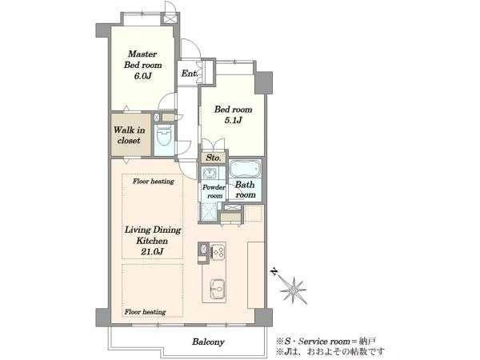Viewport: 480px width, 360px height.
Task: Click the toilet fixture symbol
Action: (x=164, y=137)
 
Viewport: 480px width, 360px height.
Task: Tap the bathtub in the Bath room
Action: (x=246, y=169)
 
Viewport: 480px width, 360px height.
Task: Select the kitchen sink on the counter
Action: (x=217, y=288)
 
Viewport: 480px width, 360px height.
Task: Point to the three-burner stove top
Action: (x=218, y=252)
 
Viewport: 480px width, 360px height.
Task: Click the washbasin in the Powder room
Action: (x=210, y=174)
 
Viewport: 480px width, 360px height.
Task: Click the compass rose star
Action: (x=294, y=290)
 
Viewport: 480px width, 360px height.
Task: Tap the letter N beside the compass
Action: (x=274, y=271)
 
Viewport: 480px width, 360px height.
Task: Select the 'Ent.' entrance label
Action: (x=190, y=74)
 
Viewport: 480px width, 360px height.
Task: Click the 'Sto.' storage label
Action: (x=214, y=158)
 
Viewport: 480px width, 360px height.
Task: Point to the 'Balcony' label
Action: (x=208, y=342)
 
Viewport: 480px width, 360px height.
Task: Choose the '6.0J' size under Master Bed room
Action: (x=142, y=76)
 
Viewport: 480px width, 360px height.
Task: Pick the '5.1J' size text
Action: (x=234, y=120)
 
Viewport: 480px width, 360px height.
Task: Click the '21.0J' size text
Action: (x=152, y=252)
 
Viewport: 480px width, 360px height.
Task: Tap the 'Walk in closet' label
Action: (x=129, y=135)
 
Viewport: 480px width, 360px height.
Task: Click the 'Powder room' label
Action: (x=214, y=191)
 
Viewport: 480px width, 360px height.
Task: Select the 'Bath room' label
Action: (x=246, y=190)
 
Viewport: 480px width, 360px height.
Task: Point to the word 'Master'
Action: (x=142, y=54)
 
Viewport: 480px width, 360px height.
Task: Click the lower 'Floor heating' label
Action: (x=145, y=312)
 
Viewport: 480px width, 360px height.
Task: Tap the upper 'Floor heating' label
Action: (x=154, y=182)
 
